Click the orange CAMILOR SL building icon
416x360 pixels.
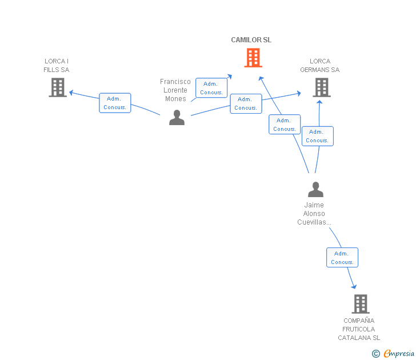point(253,58)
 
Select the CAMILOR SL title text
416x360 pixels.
point(251,40)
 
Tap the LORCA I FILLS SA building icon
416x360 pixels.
point(58,87)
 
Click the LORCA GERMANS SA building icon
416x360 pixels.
point(322,87)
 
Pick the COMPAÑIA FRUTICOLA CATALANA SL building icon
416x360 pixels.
point(361,304)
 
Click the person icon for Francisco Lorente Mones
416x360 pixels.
point(177,118)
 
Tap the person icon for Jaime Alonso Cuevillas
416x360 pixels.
point(315,189)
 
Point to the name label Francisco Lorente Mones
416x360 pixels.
point(175,90)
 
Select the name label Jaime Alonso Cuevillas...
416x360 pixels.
point(314,214)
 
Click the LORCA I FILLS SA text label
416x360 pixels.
point(56,66)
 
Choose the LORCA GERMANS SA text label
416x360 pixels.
point(319,66)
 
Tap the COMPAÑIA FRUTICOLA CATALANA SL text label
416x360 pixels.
point(359,329)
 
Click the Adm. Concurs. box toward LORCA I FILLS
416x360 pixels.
point(115,103)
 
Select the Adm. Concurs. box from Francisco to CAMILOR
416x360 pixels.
point(211,88)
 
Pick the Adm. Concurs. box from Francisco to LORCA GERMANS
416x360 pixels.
point(246,104)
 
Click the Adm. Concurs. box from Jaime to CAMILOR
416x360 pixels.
point(285,125)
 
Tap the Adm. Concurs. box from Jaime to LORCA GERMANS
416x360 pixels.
point(318,136)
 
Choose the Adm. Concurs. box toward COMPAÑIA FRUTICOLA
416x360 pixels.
point(342,258)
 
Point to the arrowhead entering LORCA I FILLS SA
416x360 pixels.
point(71,93)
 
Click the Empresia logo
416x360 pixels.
point(393,353)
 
